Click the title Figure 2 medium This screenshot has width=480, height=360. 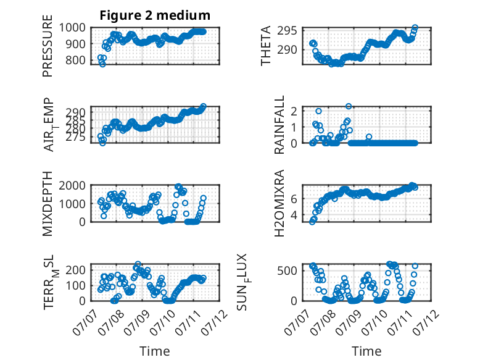pos(155,15)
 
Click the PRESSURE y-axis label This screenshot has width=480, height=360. pos(48,46)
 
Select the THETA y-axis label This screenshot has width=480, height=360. pos(266,46)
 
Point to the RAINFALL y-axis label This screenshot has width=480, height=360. pos(279,125)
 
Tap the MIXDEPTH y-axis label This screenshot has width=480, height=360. pos(48,204)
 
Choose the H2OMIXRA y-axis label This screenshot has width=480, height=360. pos(279,203)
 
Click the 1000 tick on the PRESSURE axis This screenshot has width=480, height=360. pos(72,28)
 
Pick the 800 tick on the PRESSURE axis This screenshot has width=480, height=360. pos(76,60)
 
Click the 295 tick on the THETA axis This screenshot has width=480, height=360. pos(287,31)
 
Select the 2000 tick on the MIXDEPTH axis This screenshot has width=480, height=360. pos(72,185)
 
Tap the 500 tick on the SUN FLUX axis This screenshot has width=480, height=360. pos(287,270)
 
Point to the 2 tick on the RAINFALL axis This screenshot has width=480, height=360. pos(294,111)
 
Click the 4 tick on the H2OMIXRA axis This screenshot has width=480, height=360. pos(294,215)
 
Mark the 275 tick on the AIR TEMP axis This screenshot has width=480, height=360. pos(76,137)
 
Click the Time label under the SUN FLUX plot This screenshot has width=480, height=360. pos(366,351)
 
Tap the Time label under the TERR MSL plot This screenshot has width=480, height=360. pos(155,351)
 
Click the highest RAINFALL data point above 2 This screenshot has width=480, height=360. pos(349,106)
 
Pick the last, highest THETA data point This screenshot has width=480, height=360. pos(415,28)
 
